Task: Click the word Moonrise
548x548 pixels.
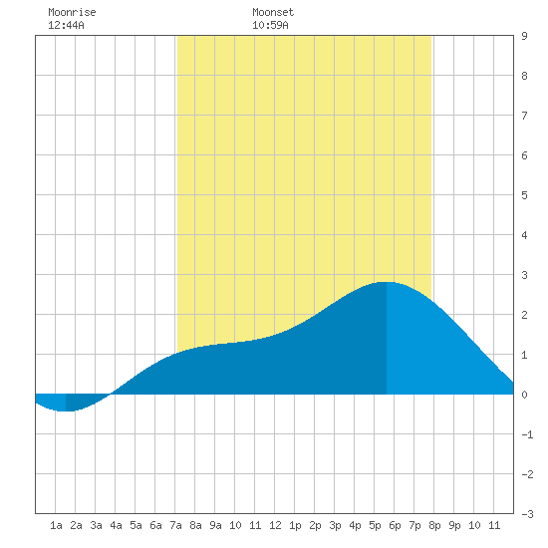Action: click(72, 12)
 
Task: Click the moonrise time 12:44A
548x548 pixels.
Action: click(66, 25)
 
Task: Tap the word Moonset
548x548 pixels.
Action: click(273, 12)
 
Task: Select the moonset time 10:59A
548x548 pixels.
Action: click(270, 25)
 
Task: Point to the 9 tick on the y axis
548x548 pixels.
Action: click(524, 36)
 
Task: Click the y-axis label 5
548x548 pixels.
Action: click(524, 195)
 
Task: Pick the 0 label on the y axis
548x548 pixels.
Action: click(524, 395)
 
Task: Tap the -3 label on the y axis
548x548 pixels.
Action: click(527, 514)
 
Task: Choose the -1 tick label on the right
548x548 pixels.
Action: click(527, 434)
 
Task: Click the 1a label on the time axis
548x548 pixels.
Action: click(56, 525)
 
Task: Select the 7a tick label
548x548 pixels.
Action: click(175, 525)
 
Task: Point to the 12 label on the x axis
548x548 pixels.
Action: click(275, 525)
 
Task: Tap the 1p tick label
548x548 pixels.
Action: click(295, 525)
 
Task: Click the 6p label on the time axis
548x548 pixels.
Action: click(395, 525)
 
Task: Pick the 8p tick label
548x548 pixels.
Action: click(434, 525)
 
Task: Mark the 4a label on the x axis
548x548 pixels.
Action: click(116, 525)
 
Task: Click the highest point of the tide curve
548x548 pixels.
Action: click(387, 282)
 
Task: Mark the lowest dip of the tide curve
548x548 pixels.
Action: click(66, 411)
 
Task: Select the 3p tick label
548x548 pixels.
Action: click(335, 525)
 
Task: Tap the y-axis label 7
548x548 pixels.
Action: click(524, 116)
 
